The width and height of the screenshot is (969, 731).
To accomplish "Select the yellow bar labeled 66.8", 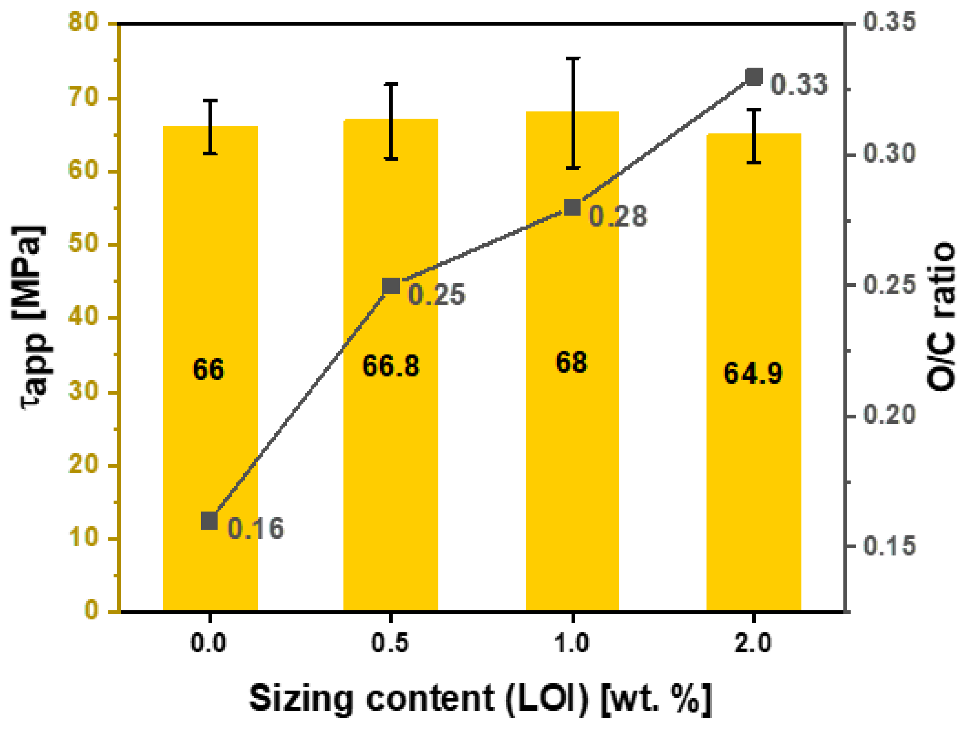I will pos(390,438).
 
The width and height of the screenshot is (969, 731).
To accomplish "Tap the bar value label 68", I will pos(571,362).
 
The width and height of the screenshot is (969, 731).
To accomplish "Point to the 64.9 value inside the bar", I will pos(753,373).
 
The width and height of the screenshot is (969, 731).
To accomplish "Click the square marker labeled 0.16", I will pos(209,521).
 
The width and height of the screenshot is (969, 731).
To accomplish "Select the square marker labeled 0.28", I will pos(572,207).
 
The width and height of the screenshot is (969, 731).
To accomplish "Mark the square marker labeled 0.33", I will pos(754,77).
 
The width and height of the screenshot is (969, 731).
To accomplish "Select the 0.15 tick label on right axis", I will pos(889,546).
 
